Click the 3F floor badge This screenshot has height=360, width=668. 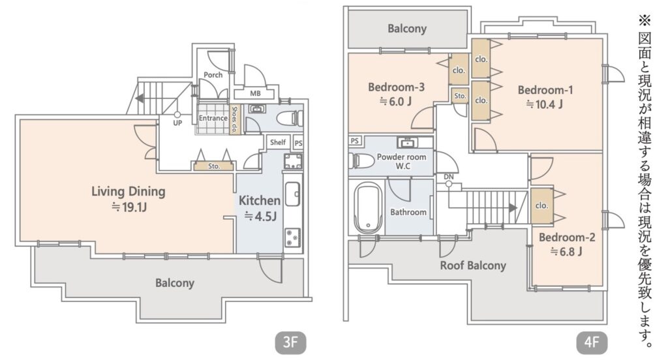pos(290,342)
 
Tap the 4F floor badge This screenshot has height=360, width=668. pos(592,342)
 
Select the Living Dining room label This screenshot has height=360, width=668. pos(129,191)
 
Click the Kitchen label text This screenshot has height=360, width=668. pos(260,200)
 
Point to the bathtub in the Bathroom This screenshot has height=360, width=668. pos(369,207)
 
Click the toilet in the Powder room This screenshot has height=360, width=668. pos(361,161)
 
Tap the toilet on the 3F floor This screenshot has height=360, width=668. pos(290,119)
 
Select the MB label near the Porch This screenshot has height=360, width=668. pos(255,93)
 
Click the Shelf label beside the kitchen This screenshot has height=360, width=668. pos(278,142)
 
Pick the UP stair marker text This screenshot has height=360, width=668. pos(177,123)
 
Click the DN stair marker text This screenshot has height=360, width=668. pos(449,176)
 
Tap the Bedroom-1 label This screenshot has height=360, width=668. pos(545,90)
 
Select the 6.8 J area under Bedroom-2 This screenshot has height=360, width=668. pos(566,252)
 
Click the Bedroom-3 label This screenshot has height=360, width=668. pos(396,87)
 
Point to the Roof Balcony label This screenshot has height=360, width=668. pos(473,265)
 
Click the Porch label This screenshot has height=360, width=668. pos(213,75)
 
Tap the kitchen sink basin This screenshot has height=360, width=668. pos(292,194)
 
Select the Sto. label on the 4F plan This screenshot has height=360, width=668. pos(460,96)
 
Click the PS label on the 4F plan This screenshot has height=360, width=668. pos(354,141)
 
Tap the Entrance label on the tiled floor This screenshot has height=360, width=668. pos(213,118)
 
